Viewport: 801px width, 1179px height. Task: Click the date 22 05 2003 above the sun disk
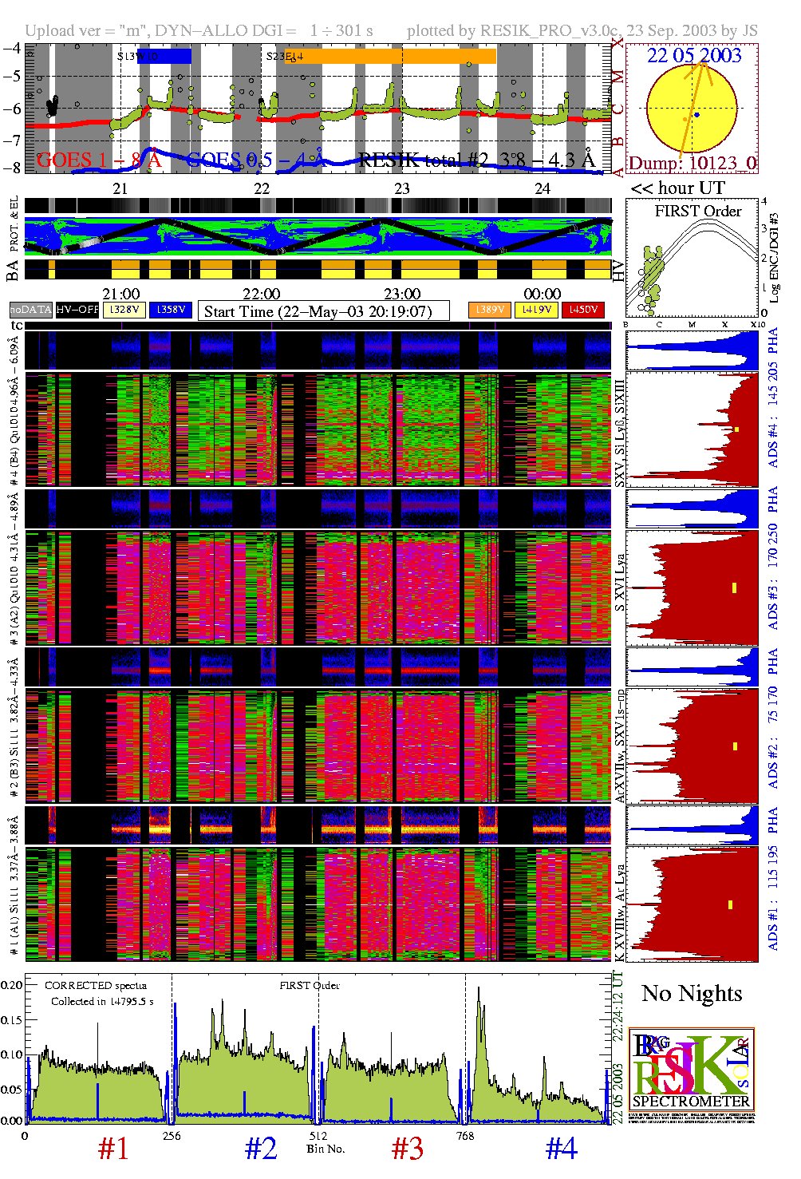(x=693, y=55)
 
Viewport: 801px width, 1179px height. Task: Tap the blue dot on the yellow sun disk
(x=696, y=115)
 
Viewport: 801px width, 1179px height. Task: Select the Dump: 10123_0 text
(x=692, y=163)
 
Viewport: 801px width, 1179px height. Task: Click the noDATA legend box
(x=31, y=310)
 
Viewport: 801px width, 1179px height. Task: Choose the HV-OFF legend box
(x=77, y=310)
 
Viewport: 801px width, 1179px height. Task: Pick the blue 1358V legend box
(x=171, y=310)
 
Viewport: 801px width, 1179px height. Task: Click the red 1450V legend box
(x=583, y=310)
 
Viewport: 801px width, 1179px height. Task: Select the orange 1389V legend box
(x=489, y=310)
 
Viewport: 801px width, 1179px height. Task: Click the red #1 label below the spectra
(x=113, y=1149)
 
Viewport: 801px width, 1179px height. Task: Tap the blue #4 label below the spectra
(x=561, y=1149)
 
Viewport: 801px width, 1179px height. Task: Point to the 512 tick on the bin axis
(x=318, y=1136)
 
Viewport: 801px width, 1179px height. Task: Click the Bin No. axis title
(x=326, y=1149)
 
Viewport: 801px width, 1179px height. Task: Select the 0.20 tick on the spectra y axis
(x=12, y=985)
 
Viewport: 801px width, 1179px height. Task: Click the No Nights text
(x=692, y=994)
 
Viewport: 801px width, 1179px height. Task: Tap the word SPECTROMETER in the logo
(x=691, y=1101)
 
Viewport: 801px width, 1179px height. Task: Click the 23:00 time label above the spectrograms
(x=402, y=294)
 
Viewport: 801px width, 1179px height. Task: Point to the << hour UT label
(x=678, y=188)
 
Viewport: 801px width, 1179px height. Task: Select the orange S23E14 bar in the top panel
(x=391, y=57)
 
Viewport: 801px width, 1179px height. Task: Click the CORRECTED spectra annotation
(x=96, y=986)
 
